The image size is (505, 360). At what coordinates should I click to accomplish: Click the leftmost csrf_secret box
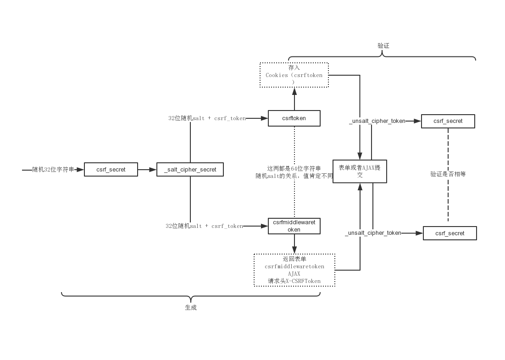[111, 170]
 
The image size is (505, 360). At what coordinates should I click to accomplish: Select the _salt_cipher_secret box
[190, 170]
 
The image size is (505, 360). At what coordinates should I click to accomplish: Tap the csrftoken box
[294, 118]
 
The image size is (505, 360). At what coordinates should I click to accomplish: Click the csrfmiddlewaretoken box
[294, 226]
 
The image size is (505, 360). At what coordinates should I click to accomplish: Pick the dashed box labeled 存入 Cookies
[294, 75]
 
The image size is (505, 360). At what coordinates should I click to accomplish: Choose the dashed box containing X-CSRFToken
[294, 270]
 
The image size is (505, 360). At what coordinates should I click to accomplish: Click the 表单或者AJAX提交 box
[360, 171]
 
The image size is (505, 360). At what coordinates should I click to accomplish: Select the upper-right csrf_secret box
[448, 121]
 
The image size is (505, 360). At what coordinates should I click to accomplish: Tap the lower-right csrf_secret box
[450, 233]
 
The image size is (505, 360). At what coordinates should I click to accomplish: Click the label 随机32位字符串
[53, 170]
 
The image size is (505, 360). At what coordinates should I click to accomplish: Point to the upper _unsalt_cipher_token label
[377, 121]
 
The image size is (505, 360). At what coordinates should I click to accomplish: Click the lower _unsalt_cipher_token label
[373, 233]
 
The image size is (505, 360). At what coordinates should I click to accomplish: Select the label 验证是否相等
[448, 174]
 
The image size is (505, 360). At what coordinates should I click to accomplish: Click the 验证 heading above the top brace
[383, 46]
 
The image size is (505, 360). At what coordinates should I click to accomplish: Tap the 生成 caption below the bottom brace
[191, 308]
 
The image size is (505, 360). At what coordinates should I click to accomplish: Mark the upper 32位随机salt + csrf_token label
[207, 118]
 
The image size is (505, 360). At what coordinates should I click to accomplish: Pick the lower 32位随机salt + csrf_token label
[204, 226]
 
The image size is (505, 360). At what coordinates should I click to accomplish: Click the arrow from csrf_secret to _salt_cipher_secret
[147, 170]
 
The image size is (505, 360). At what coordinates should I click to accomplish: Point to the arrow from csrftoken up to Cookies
[294, 99]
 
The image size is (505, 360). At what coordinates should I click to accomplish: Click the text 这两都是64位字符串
[294, 168]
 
